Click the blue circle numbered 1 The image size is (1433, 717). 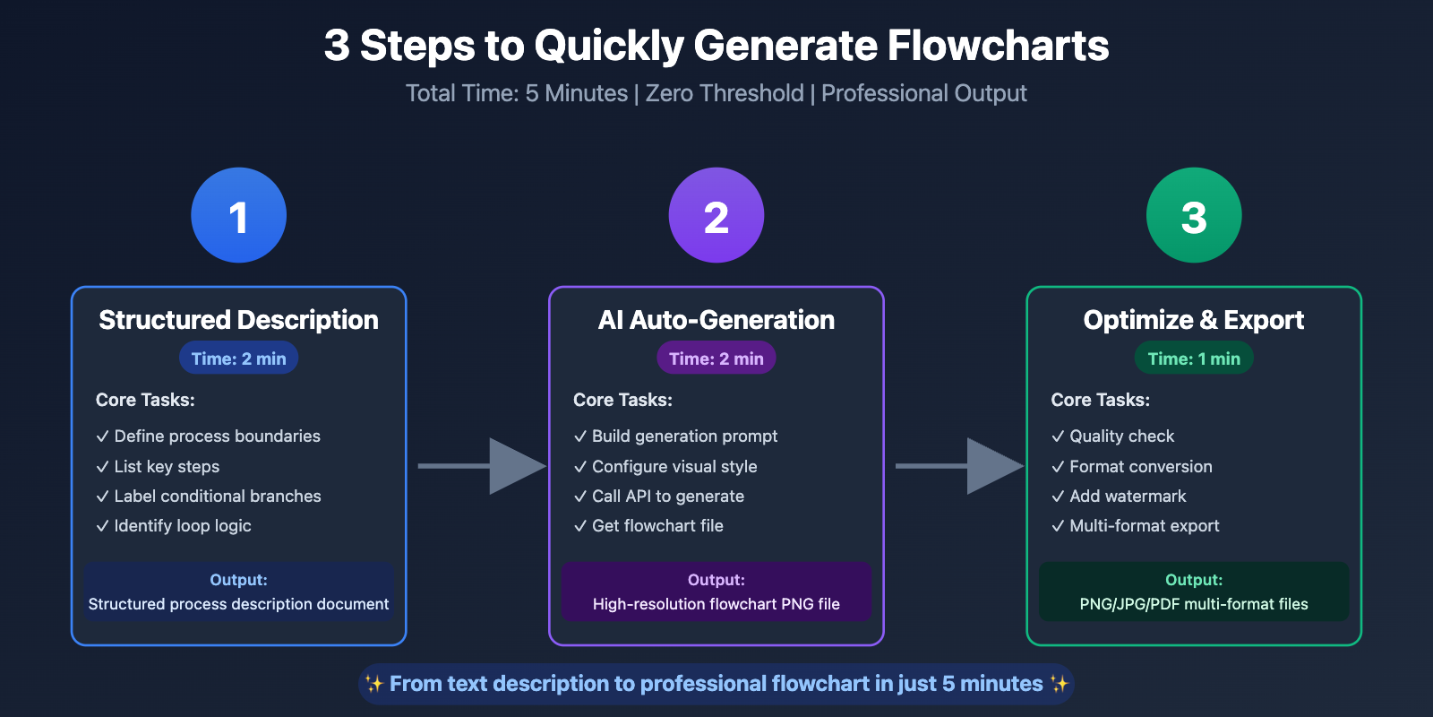pyautogui.click(x=238, y=215)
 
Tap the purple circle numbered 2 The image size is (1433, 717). pyautogui.click(x=716, y=215)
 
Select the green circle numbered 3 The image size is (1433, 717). pyautogui.click(x=1193, y=215)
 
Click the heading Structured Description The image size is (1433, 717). pyautogui.click(x=238, y=320)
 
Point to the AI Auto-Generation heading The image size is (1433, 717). pyautogui.click(x=716, y=320)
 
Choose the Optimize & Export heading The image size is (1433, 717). pyautogui.click(x=1193, y=320)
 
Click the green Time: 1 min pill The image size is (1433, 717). pyautogui.click(x=1193, y=358)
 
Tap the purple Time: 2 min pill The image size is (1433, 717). pyautogui.click(x=716, y=358)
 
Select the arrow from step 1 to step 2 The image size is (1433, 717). pyautogui.click(x=484, y=466)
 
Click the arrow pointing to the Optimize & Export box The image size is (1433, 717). pyautogui.click(x=961, y=466)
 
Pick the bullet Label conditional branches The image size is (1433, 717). pyautogui.click(x=217, y=496)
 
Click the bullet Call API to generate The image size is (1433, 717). pyautogui.click(x=667, y=496)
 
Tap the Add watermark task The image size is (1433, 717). pyautogui.click(x=1127, y=496)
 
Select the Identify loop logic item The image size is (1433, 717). pyautogui.click(x=182, y=525)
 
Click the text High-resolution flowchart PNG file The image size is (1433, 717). pyautogui.click(x=716, y=604)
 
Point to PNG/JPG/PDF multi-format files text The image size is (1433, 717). pyautogui.click(x=1193, y=604)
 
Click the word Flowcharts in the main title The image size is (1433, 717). pyautogui.click(x=998, y=46)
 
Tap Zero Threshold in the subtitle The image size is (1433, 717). pyautogui.click(x=725, y=93)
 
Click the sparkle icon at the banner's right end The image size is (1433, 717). pyautogui.click(x=1060, y=684)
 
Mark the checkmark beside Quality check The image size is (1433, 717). pyautogui.click(x=1058, y=436)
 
